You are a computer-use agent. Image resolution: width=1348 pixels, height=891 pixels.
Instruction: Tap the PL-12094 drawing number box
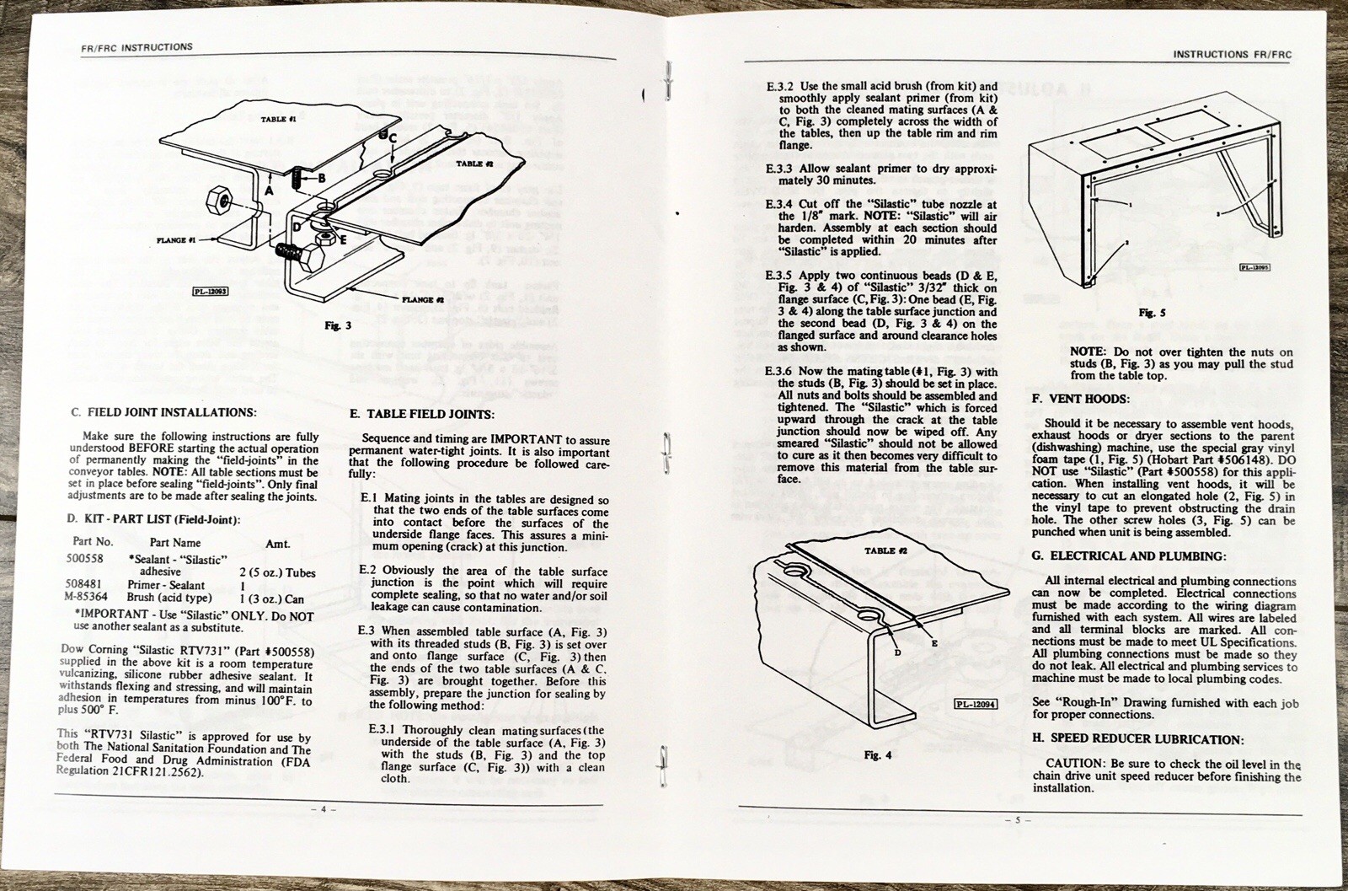point(975,704)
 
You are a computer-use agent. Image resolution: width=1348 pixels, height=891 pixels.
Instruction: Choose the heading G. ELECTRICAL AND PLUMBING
point(1129,556)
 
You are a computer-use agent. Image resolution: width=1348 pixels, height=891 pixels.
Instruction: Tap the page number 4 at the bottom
point(322,808)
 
